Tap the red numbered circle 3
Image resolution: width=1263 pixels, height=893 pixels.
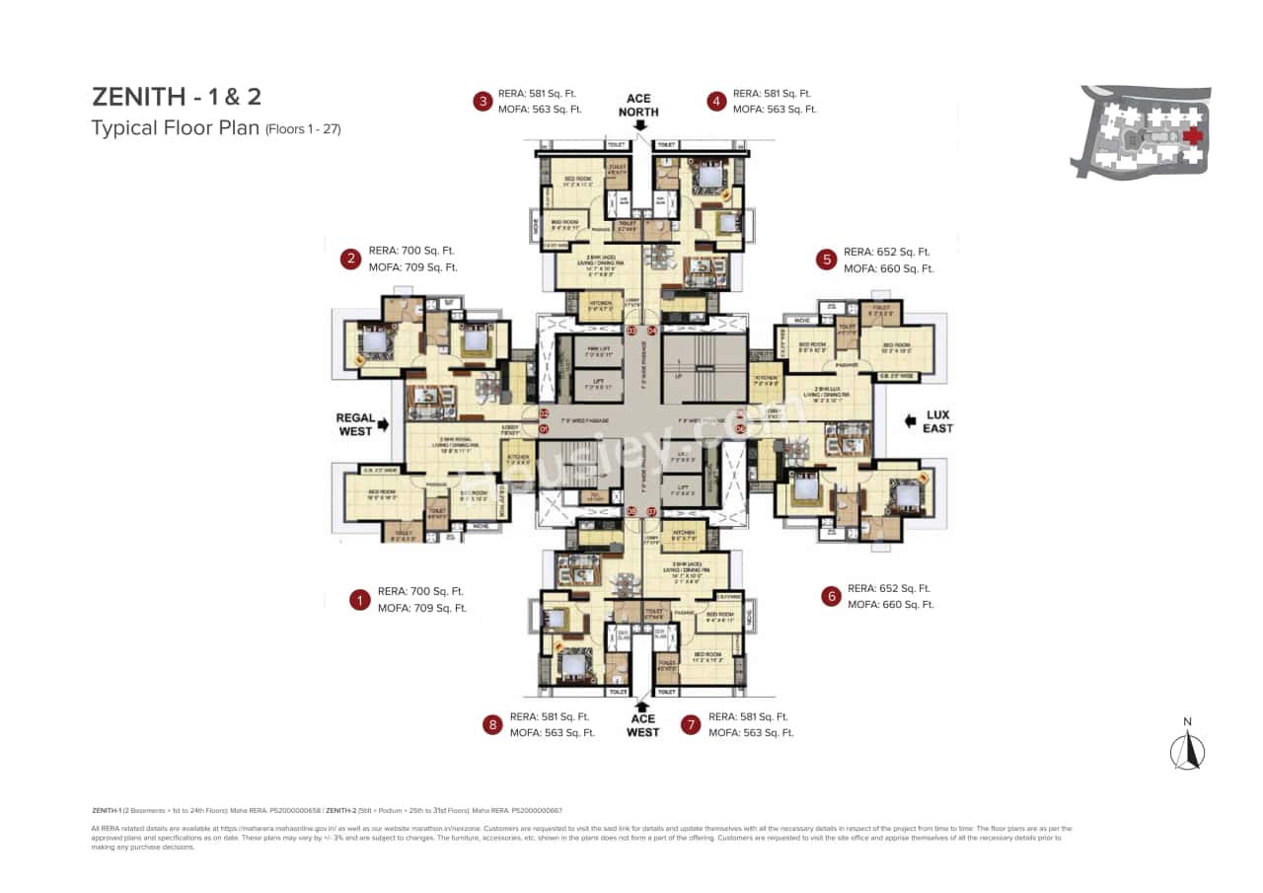pos(483,101)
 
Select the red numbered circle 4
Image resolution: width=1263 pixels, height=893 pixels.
pos(716,101)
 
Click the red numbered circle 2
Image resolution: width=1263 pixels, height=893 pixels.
pos(350,260)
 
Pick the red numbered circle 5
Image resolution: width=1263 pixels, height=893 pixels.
pos(826,260)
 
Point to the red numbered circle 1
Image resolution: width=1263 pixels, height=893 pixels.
pos(360,599)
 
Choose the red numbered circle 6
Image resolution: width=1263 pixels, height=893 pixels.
pos(831,596)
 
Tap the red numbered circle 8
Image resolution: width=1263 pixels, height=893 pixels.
pos(491,725)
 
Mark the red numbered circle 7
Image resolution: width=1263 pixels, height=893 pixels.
pos(691,725)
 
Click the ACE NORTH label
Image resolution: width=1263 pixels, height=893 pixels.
pos(638,106)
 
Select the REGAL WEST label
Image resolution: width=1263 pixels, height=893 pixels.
pos(355,424)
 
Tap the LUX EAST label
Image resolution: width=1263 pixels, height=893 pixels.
pos(937,421)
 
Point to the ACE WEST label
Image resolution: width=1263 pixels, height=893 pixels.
pos(642,725)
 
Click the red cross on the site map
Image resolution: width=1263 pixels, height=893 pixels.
pos(1194,135)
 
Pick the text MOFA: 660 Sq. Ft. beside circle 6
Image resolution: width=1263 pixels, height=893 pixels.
pos(890,604)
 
